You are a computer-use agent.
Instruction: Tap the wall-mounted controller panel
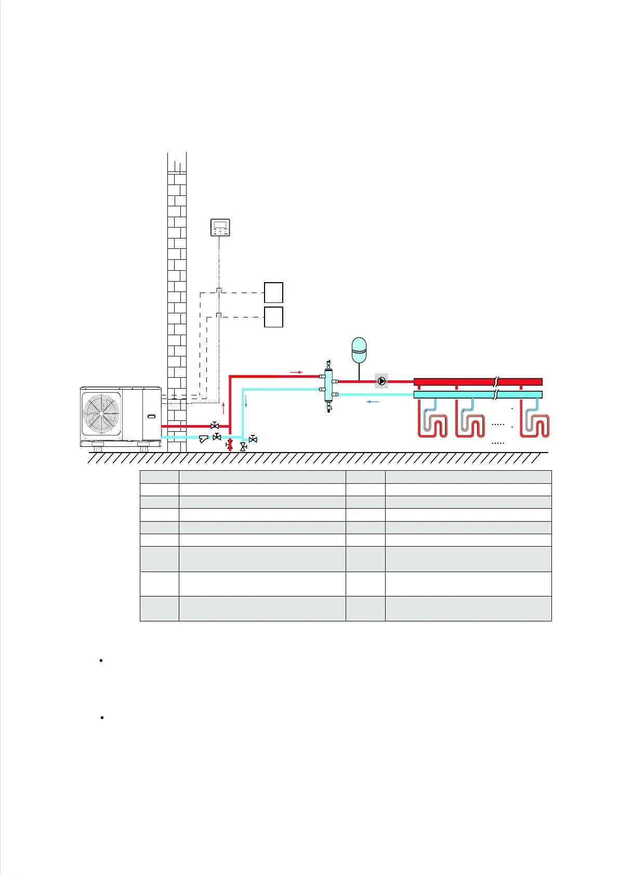220,228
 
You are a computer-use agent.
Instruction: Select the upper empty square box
273,293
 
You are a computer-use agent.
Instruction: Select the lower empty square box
273,317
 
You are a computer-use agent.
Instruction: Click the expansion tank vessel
359,350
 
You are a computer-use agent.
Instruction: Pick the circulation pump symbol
381,381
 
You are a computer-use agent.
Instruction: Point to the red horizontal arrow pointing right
296,372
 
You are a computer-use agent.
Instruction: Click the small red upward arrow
223,407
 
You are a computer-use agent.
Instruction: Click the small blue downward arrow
246,401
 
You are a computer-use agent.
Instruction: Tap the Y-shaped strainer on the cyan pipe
204,439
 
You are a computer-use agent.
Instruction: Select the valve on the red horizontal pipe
214,426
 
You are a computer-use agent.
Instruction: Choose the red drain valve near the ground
230,445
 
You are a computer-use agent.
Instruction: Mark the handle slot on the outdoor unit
151,417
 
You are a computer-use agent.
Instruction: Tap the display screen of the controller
220,225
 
